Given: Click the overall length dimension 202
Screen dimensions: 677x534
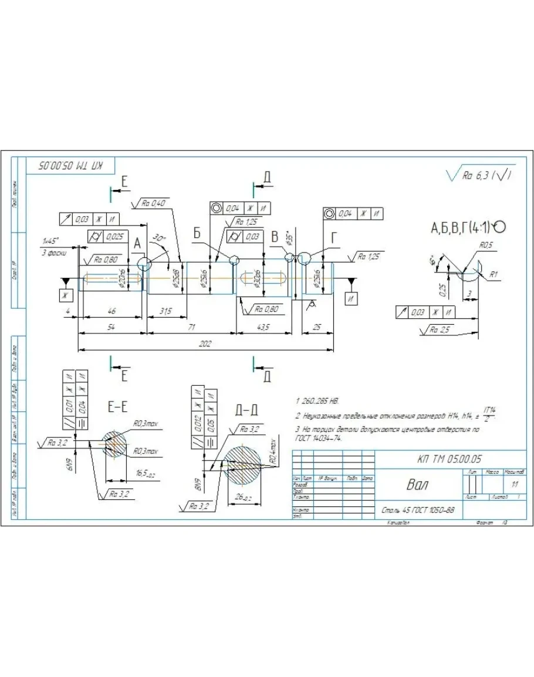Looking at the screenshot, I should pos(205,344).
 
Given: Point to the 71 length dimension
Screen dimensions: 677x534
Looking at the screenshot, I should pos(191,327).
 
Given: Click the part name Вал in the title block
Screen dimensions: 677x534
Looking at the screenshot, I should pos(418,485).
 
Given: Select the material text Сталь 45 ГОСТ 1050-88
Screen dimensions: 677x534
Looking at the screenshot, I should pos(417,510).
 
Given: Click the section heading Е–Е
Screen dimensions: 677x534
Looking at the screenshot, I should pos(117,408).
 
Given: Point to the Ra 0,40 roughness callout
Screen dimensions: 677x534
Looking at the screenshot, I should pos(154,203).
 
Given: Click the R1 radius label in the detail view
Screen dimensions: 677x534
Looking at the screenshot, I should pos(494,274).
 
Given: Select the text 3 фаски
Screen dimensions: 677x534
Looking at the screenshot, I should pos(54,253).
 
